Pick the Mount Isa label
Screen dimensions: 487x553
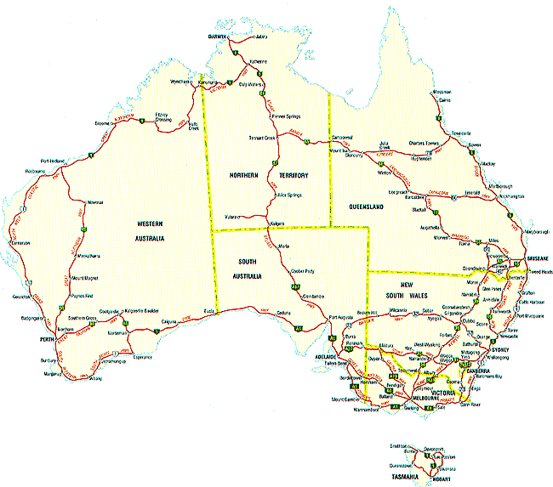tap(340, 150)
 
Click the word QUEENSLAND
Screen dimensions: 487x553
tap(369, 207)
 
